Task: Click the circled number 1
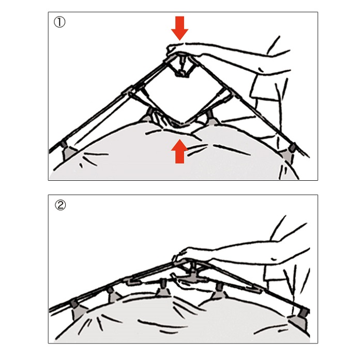click(x=59, y=22)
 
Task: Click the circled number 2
click(x=61, y=205)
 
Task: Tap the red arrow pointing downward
click(x=179, y=28)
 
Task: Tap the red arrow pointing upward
click(x=179, y=151)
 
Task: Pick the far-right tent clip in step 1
click(x=290, y=153)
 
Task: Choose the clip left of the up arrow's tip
click(x=148, y=115)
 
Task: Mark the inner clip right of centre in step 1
click(x=210, y=118)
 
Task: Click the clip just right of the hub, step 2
click(x=218, y=291)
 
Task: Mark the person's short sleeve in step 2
click(x=277, y=274)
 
